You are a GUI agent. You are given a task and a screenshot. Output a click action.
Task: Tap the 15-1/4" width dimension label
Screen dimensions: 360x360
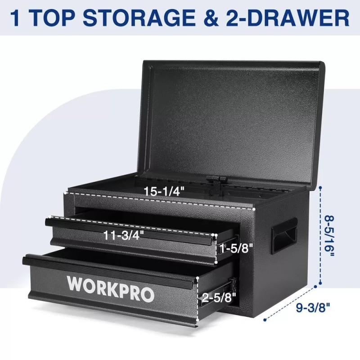[x=164, y=191]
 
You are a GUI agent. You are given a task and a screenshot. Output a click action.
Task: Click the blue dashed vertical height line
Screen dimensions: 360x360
[x=320, y=234]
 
